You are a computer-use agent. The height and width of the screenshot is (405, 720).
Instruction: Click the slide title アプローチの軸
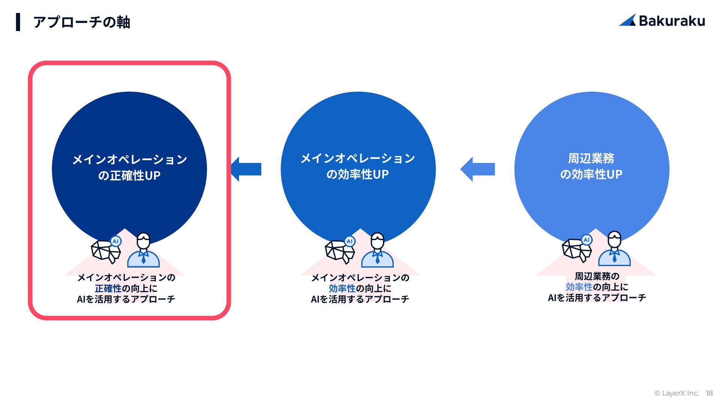(x=81, y=22)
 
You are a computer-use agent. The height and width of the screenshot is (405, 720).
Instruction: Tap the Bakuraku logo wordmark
(x=672, y=21)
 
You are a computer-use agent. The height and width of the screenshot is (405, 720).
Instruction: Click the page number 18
(x=709, y=393)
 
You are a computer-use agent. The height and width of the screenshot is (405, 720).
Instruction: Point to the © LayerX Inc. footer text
(x=676, y=393)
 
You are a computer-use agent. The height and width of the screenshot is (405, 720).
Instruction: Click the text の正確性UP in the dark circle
(x=129, y=175)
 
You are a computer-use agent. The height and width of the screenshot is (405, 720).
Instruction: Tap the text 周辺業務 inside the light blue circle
(x=591, y=158)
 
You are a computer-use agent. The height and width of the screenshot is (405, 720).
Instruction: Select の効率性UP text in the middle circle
(x=357, y=174)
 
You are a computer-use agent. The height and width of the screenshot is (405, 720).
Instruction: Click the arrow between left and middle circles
(x=246, y=169)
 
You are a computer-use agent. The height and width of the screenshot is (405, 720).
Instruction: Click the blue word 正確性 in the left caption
(x=108, y=288)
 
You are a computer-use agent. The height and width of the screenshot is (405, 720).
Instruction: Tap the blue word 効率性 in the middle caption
(x=342, y=288)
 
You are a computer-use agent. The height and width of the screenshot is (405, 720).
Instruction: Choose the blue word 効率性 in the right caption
(x=579, y=287)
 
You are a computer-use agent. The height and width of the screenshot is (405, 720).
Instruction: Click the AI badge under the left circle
(x=115, y=241)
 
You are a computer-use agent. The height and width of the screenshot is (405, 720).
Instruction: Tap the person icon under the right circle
(x=614, y=249)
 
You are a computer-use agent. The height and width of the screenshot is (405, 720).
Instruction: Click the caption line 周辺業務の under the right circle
(x=597, y=276)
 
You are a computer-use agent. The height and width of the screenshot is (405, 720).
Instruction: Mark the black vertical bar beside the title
(x=18, y=22)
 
